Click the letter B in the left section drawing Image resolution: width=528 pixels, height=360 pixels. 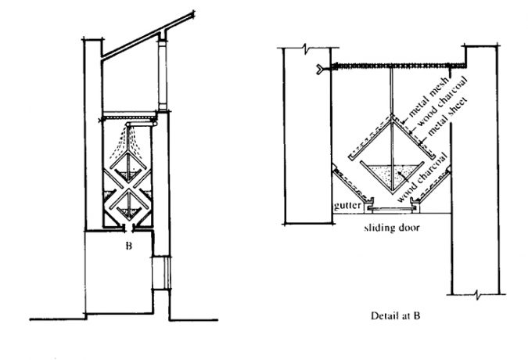pos(128,247)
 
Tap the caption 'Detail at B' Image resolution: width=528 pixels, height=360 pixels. pos(395,316)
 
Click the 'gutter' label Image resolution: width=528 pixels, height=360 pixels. pos(347,205)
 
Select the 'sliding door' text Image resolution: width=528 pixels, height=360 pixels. pos(392,228)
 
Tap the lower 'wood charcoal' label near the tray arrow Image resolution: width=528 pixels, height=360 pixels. pos(422,178)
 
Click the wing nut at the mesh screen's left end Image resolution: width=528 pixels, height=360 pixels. pos(320,69)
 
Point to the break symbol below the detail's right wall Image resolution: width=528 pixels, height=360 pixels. pos(477,294)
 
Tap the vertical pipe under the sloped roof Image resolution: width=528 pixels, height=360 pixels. pos(163,75)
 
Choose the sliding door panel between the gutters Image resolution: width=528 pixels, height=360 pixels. pos(392,209)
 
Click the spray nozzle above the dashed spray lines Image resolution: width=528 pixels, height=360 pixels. pos(128,125)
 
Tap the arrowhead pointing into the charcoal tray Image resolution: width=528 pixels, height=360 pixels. pos(400,173)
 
